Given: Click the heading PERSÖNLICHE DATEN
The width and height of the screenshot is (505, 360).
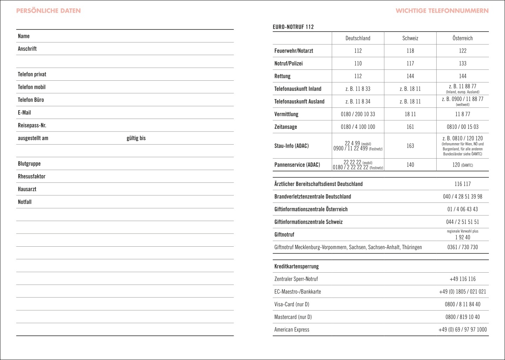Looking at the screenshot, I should [x=48, y=11].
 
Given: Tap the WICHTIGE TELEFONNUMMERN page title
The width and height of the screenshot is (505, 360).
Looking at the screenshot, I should [x=442, y=11].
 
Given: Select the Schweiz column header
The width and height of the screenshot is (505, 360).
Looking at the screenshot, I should [x=410, y=38].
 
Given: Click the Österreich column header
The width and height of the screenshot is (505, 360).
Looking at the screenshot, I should [x=462, y=38].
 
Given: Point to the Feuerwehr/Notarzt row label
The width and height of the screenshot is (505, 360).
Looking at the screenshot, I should [x=294, y=51].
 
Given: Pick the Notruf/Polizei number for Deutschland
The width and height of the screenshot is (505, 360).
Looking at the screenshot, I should [x=358, y=64].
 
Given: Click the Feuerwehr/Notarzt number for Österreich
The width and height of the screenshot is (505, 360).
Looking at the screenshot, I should [x=462, y=51].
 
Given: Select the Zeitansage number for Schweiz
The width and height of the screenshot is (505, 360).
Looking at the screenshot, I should [x=410, y=127].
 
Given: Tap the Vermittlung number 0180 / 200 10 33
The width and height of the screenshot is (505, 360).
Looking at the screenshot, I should [x=358, y=114].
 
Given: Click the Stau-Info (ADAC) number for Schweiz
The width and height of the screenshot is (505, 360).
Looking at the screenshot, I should [x=410, y=146].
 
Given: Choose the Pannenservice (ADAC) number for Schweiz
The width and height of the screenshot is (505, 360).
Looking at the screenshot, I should [x=410, y=165].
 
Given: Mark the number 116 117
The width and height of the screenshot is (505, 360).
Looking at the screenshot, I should [x=462, y=184].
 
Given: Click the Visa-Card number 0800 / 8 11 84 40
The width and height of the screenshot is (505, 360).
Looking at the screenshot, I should [x=462, y=305].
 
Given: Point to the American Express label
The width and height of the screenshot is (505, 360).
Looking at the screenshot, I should [x=292, y=330].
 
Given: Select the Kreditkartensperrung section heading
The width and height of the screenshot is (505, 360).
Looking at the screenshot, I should [x=296, y=267].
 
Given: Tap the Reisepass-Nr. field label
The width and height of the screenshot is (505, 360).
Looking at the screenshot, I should [x=32, y=126].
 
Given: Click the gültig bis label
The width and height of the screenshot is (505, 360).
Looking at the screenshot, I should [x=136, y=138].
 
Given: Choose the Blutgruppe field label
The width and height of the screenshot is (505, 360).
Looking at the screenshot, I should [x=29, y=164].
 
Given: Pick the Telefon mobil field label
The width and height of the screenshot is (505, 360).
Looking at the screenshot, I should [x=32, y=87].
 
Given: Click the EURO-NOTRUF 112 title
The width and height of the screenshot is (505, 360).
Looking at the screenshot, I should [x=293, y=27].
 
